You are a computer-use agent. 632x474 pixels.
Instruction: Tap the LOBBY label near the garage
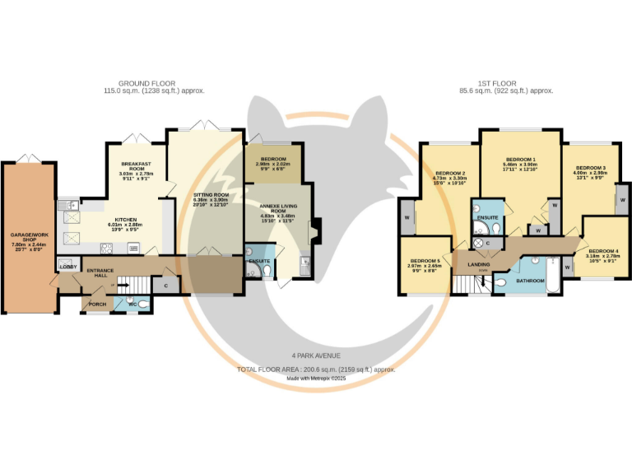(x=67, y=266)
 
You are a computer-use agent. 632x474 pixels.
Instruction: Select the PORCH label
(x=97, y=304)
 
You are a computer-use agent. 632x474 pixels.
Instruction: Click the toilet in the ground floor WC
(x=143, y=304)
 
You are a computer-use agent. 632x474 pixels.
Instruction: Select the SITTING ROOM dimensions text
(x=204, y=202)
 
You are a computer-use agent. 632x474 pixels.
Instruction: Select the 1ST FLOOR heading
(x=505, y=83)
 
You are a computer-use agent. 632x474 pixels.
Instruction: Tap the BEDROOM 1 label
(x=520, y=159)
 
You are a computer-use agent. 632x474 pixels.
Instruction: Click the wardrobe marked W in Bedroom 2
(x=407, y=218)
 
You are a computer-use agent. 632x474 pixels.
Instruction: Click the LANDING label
(x=479, y=264)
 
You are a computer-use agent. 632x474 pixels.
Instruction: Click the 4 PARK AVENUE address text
(x=317, y=355)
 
